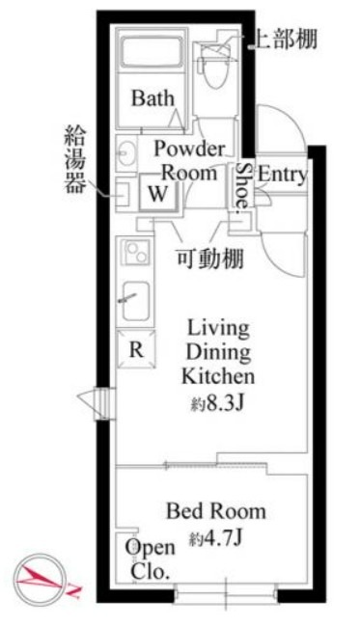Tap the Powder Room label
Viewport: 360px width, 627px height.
pos(189,161)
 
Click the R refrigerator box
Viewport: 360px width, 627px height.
pos(136,350)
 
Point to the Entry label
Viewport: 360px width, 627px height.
pos(283,176)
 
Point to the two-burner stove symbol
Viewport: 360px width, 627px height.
pos(134,254)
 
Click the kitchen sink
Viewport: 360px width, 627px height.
pos(135,300)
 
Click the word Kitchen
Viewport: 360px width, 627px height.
pos(218,375)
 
